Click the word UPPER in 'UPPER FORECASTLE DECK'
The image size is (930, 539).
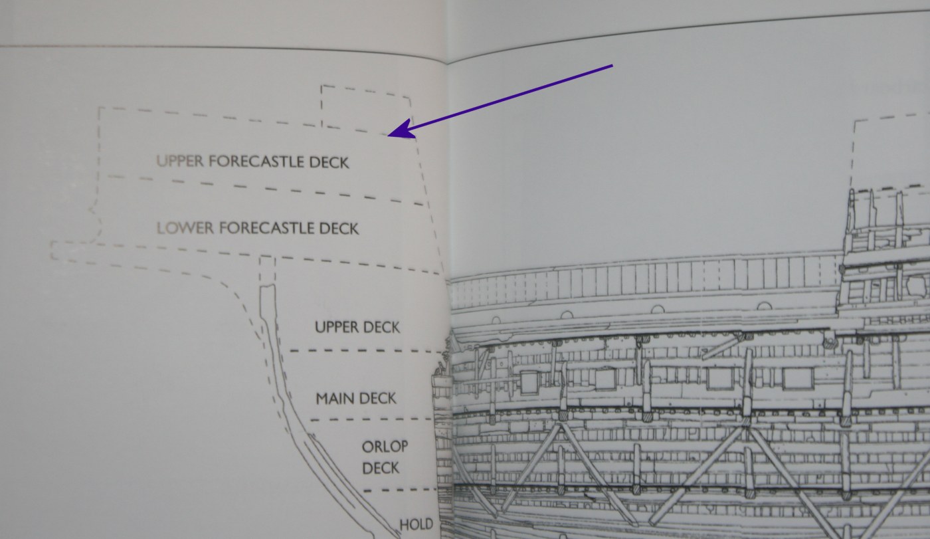[180, 161]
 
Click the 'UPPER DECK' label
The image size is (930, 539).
[357, 327]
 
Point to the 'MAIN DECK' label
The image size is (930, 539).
[356, 399]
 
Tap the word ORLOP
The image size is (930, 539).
[385, 447]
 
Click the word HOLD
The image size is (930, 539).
[416, 525]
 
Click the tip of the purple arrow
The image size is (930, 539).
[388, 136]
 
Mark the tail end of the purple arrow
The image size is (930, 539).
[612, 65]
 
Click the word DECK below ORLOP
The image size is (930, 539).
[380, 468]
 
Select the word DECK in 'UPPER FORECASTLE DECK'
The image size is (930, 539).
[329, 162]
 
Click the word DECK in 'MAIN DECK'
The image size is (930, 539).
[377, 399]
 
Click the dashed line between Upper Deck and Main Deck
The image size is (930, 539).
[366, 352]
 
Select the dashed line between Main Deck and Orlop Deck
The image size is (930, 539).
[371, 420]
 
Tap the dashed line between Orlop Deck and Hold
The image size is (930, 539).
[400, 490]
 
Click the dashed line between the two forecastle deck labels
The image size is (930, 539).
[266, 189]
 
